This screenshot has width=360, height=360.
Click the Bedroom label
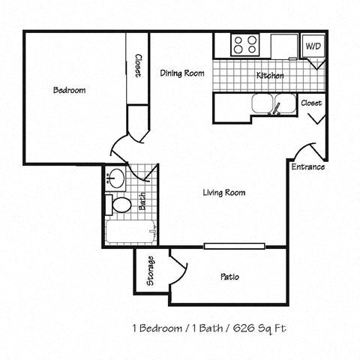(x=69, y=91)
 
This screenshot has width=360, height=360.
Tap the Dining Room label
(x=182, y=73)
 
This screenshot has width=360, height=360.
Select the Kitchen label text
(x=269, y=76)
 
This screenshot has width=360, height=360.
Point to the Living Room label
(x=224, y=193)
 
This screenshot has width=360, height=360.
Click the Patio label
(x=229, y=277)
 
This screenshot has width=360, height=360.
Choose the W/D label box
(x=311, y=46)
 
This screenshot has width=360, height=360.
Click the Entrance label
(x=307, y=166)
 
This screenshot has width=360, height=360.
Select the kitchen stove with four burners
(x=244, y=44)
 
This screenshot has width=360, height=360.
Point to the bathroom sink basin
(x=116, y=178)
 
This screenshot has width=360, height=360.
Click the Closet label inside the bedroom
(x=139, y=66)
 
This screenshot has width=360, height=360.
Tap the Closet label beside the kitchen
(x=311, y=103)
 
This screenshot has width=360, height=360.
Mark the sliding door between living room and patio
(x=234, y=246)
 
